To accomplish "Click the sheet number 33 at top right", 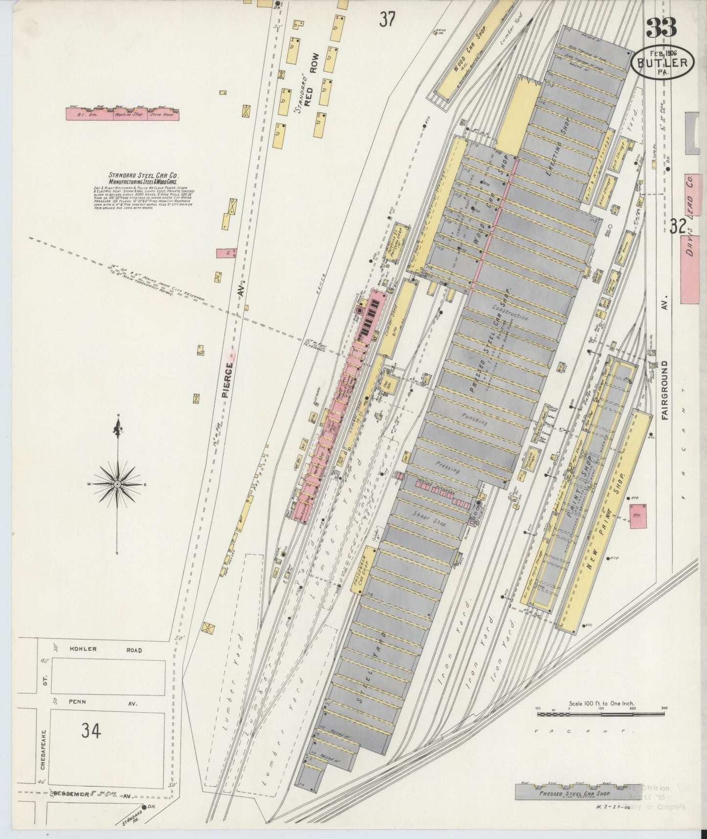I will pyautogui.click(x=661, y=28).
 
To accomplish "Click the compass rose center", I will pyautogui.click(x=117, y=484).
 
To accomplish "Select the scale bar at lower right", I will pyautogui.click(x=600, y=715).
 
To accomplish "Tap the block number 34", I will pyautogui.click(x=91, y=731).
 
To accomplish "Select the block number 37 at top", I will pyautogui.click(x=387, y=20).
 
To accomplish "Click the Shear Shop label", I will pyautogui.click(x=430, y=522).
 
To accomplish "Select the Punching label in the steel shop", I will pyautogui.click(x=474, y=421).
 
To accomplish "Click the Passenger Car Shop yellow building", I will pyautogui.click(x=363, y=571).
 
